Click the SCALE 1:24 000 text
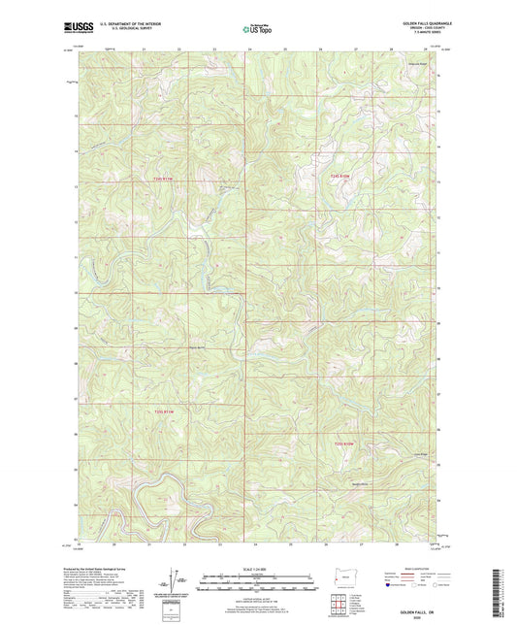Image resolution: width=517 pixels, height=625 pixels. click(257, 569)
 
